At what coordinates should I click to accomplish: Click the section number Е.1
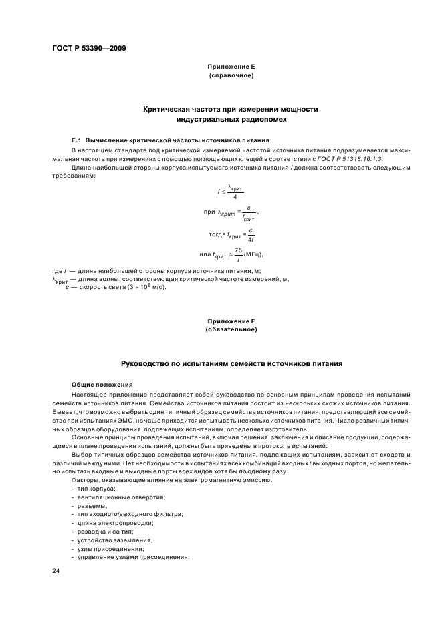click(76, 141)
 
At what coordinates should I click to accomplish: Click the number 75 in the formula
click(247, 250)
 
